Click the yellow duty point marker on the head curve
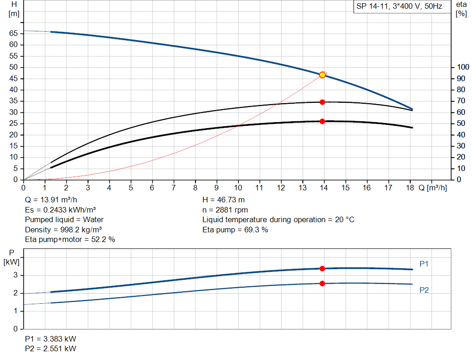322,75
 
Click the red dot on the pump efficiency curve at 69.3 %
322,102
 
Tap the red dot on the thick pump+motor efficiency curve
322,121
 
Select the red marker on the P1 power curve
322,268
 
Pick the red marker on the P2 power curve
322,283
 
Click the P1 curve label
424,264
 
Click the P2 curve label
424,290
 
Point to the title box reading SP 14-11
399,6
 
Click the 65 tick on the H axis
13,34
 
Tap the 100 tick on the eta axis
461,67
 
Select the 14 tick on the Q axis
324,188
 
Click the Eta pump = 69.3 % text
235,229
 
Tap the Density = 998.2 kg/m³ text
64,229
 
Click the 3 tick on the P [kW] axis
16,275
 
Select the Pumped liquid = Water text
64,219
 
